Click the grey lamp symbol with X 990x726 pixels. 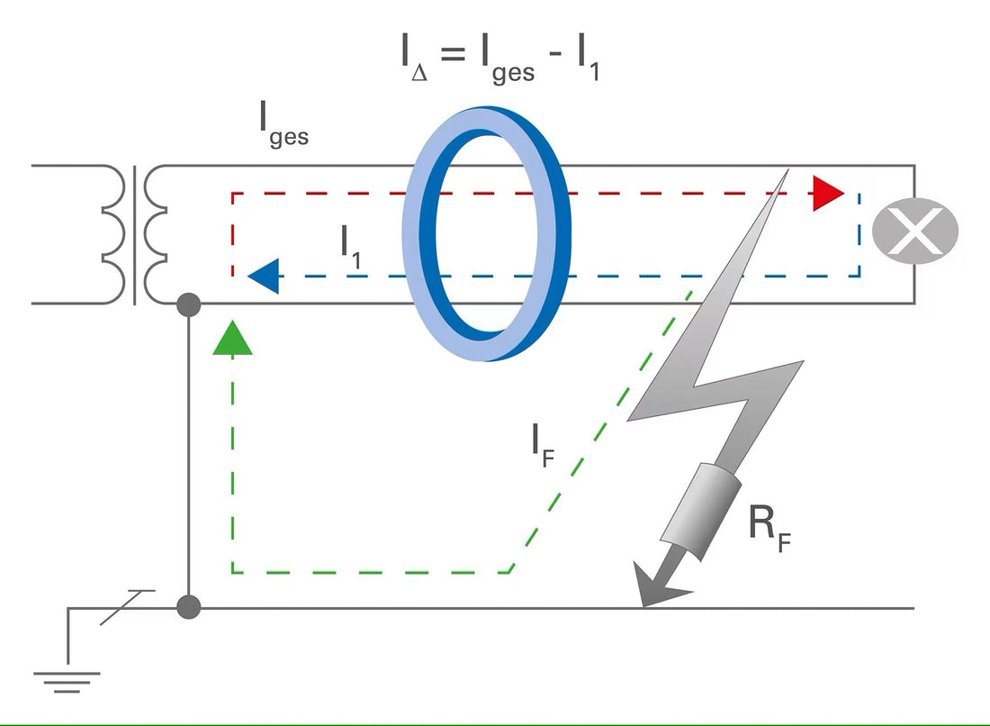(x=914, y=231)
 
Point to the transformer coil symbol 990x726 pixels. (x=135, y=234)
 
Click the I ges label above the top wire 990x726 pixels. (x=282, y=126)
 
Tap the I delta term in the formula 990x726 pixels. (x=414, y=59)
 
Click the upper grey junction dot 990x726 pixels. (x=188, y=305)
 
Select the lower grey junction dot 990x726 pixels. (x=188, y=606)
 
